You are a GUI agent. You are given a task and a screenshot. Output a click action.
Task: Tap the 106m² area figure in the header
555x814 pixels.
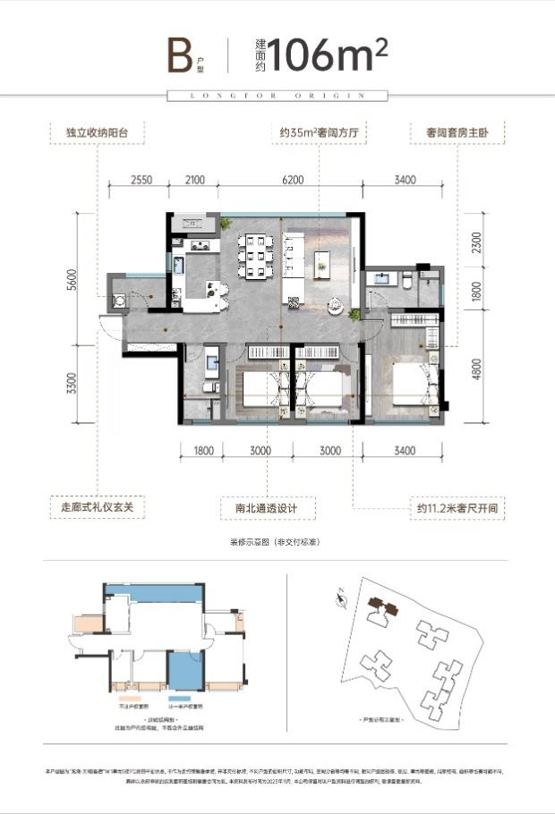328,55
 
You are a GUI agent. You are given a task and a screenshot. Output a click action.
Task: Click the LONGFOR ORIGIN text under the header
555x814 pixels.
277,95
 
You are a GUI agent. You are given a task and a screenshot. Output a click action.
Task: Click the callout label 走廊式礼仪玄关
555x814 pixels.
96,507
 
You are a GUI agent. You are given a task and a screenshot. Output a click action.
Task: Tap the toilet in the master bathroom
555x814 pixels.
408,281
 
